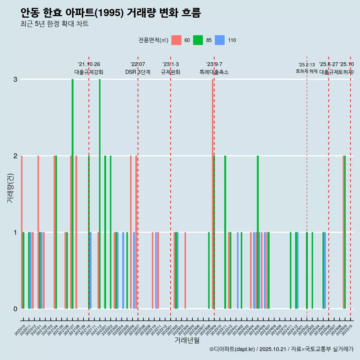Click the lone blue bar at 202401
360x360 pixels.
tap(238, 270)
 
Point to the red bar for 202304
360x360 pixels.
tap(185, 270)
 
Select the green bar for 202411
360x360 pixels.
tap(291, 270)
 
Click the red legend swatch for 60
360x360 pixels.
tap(176, 40)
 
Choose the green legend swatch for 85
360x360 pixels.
tap(198, 40)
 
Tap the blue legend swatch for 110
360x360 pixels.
tap(220, 40)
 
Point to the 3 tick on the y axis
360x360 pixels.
tap(15, 79)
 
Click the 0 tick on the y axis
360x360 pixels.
tap(15, 309)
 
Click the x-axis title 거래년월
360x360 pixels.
tap(187, 340)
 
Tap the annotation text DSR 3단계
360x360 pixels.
tap(138, 72)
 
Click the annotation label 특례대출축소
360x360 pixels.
tap(214, 72)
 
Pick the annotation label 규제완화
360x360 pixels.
tap(171, 72)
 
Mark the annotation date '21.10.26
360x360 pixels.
tap(89, 64)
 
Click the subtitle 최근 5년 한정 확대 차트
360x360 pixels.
tap(54, 24)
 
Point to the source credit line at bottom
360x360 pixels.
tap(281, 349)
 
